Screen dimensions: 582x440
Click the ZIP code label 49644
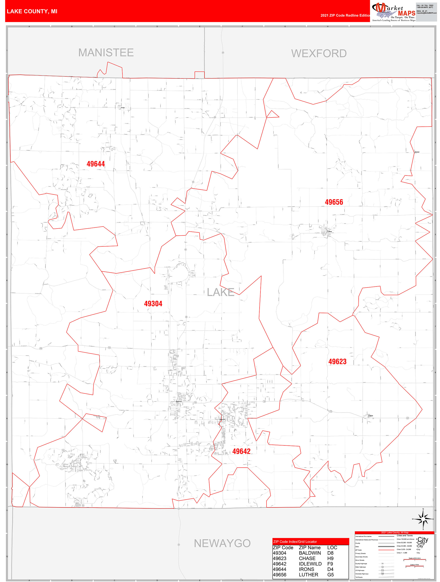pyautogui.click(x=96, y=164)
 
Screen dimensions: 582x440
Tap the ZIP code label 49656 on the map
pyautogui.click(x=334, y=202)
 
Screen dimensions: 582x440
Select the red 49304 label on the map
pyautogui.click(x=153, y=304)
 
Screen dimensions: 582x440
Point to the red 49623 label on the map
pyautogui.click(x=337, y=362)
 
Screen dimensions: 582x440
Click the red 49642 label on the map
pyautogui.click(x=241, y=451)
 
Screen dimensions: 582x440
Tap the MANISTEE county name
pyautogui.click(x=106, y=53)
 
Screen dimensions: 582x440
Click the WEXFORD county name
pyautogui.click(x=319, y=53)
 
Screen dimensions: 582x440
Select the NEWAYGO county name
pyautogui.click(x=222, y=543)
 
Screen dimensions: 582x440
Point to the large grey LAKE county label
pyautogui.click(x=221, y=292)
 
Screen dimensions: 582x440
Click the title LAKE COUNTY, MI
pyautogui.click(x=32, y=11)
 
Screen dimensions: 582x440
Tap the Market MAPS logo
pyautogui.click(x=394, y=12)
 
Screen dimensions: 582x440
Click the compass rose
pyautogui.click(x=423, y=519)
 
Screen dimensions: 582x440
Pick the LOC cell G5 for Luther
pyautogui.click(x=330, y=575)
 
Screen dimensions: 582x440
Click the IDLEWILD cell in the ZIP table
pyautogui.click(x=310, y=564)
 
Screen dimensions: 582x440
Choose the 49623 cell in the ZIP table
pyautogui.click(x=280, y=558)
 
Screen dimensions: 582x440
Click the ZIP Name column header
pyautogui.click(x=310, y=548)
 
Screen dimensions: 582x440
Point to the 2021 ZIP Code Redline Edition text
pyautogui.click(x=345, y=15)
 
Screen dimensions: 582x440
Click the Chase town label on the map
pyautogui.click(x=371, y=416)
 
